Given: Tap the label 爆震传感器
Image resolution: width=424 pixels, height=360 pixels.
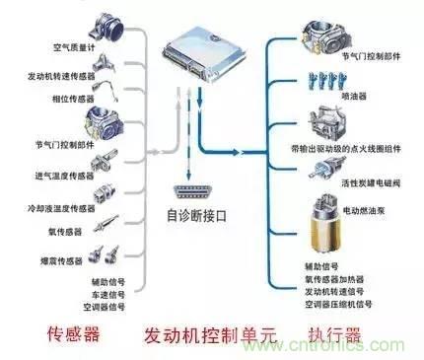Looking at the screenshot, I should (46, 261).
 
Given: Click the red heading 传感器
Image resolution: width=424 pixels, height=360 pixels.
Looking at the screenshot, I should (76, 335).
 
